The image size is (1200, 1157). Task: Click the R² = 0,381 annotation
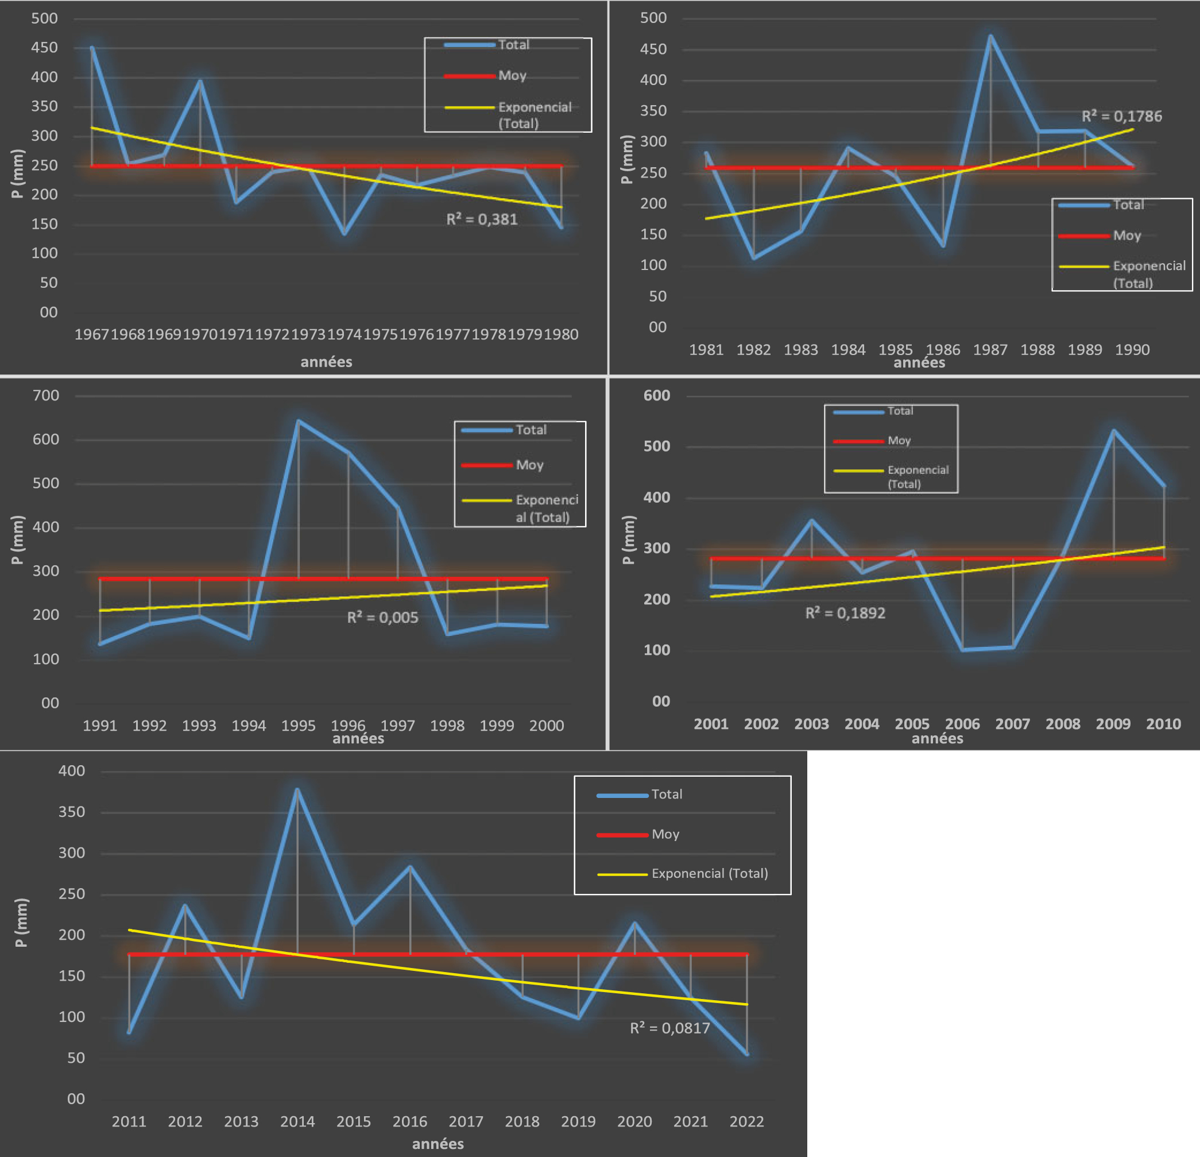pyautogui.click(x=482, y=219)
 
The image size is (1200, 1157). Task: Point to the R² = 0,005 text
pyautogui.click(x=382, y=618)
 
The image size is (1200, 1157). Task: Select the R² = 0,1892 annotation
pyautogui.click(x=845, y=613)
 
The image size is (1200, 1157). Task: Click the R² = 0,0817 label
pyautogui.click(x=670, y=1028)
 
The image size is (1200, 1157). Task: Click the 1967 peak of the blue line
pyautogui.click(x=92, y=47)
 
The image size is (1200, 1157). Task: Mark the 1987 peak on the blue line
pyautogui.click(x=990, y=36)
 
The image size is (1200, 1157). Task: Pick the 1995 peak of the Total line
pyautogui.click(x=298, y=421)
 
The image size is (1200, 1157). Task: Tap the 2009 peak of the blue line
pyautogui.click(x=1113, y=431)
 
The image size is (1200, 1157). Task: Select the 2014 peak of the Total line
pyautogui.click(x=297, y=789)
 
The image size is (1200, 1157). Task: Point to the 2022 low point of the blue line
pyautogui.click(x=747, y=1054)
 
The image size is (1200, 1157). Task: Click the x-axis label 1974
pyautogui.click(x=344, y=334)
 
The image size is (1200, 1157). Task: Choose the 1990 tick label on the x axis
pyautogui.click(x=1132, y=350)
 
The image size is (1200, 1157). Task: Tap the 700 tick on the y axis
pyautogui.click(x=46, y=396)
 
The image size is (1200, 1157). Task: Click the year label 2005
pyautogui.click(x=912, y=724)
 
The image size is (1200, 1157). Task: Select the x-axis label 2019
pyautogui.click(x=578, y=1121)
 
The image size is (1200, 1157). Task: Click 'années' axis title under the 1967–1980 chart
pyautogui.click(x=326, y=362)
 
